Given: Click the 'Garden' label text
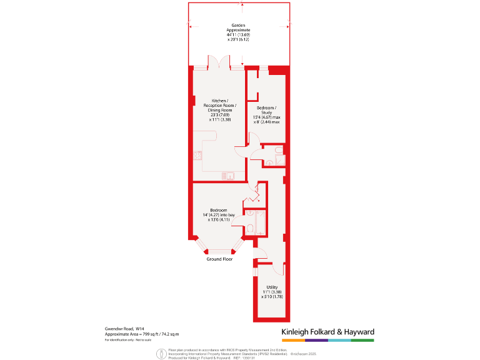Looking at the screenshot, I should pos(238,26).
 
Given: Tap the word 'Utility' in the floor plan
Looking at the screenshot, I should pos(272,287).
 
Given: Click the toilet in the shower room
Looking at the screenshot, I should pos(268,162).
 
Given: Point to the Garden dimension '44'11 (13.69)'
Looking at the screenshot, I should pos(238,34).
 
